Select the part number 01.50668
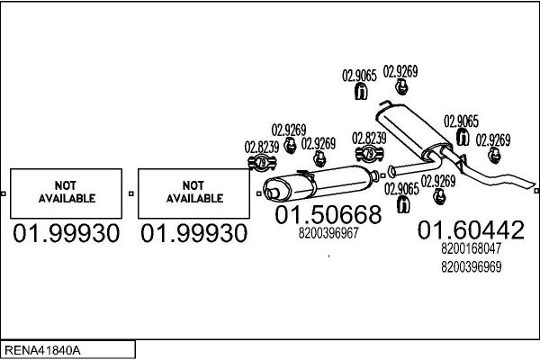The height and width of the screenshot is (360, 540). [x=328, y=215]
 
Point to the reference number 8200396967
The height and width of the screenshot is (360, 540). [x=328, y=232]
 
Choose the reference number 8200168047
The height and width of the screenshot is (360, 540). [x=472, y=249]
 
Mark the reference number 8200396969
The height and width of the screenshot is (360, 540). [x=472, y=266]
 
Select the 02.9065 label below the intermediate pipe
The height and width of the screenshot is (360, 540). [x=400, y=188]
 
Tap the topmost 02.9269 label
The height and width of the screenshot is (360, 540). [x=400, y=70]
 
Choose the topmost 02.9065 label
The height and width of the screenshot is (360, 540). [x=359, y=76]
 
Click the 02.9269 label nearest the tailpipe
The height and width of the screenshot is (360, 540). [x=493, y=139]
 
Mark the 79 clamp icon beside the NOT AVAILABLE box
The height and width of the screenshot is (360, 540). [x=262, y=162]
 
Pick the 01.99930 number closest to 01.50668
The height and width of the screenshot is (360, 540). [x=194, y=234]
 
